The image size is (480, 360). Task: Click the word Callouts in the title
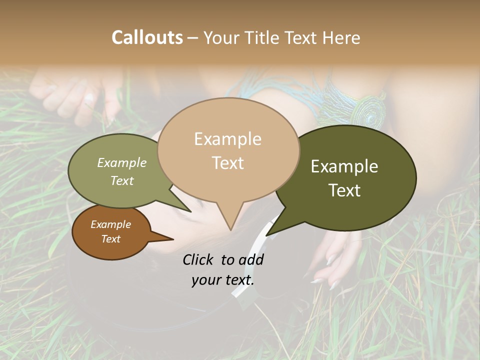pos(147,37)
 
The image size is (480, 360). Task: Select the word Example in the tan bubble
pos(227,139)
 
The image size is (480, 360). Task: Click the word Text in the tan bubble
pos(227,162)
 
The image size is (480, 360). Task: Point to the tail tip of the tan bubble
pos(230,229)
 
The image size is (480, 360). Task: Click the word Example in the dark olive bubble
pos(344,166)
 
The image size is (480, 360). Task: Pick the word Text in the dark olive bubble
pos(344,190)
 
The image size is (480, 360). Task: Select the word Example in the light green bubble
pos(122,162)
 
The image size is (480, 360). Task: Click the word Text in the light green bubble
pos(122,180)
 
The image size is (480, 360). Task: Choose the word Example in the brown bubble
pos(111,224)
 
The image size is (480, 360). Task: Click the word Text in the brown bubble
pos(111,239)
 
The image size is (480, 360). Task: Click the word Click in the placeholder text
pos(198,259)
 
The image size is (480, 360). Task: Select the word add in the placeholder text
pos(251,259)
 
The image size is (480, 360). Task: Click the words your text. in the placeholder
pos(222,280)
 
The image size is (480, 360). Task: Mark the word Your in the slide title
pos(219,37)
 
